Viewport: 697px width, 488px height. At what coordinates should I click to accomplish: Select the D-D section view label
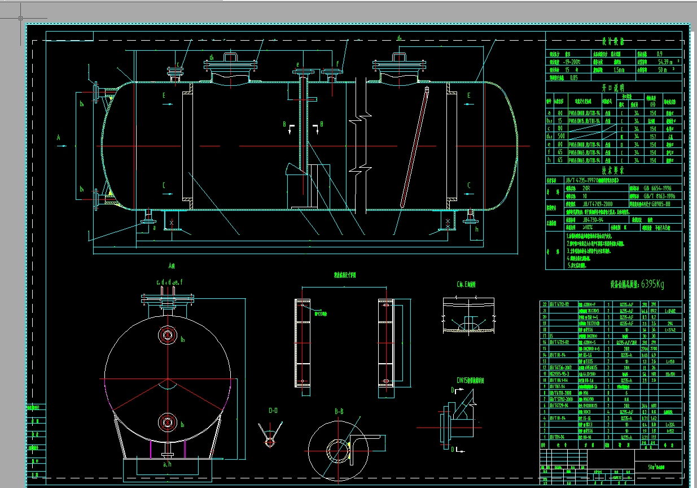273,411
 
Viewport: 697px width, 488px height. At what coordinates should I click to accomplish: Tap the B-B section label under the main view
339,412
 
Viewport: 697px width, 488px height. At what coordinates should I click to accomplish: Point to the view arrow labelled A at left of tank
58,137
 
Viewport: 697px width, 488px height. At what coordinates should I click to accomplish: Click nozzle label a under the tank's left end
154,228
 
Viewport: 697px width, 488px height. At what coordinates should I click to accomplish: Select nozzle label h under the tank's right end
477,229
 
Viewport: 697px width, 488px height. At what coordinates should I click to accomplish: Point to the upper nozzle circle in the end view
167,335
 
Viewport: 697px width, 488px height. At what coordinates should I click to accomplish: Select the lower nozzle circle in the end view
167,421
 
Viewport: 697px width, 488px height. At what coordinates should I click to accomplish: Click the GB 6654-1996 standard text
657,188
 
